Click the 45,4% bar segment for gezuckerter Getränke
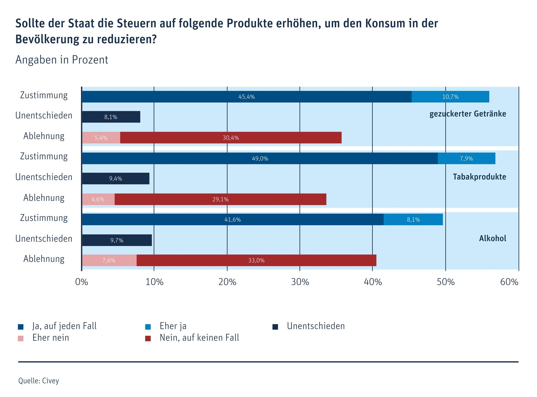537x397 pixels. tap(246, 97)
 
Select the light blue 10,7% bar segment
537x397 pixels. tap(450, 97)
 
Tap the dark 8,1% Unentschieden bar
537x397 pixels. tap(111, 117)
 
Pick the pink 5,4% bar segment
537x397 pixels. tap(101, 138)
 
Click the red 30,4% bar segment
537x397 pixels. tap(231, 138)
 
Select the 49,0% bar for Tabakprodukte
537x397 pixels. tap(260, 158)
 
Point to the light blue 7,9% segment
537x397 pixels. tap(466, 158)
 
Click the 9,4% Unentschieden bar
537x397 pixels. tap(115, 178)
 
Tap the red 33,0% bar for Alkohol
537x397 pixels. tap(256, 260)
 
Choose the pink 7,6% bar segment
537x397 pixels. tap(109, 260)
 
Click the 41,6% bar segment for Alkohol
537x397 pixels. tap(232, 219)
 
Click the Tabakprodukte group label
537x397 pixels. tap(479, 177)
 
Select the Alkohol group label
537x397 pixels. tap(492, 238)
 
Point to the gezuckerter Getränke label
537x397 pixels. tap(468, 114)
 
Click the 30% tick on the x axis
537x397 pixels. tap(300, 282)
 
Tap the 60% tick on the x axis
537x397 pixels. tap(509, 282)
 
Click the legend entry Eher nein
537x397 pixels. tap(51, 338)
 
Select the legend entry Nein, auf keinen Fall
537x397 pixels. tap(199, 338)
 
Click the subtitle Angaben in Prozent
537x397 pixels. tap(62, 60)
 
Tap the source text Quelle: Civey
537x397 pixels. tap(39, 381)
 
